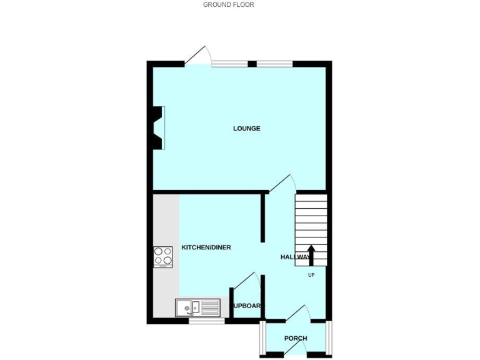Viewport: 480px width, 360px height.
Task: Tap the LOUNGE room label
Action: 246,129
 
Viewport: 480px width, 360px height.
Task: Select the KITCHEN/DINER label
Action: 206,247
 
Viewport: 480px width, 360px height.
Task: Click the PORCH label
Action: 296,339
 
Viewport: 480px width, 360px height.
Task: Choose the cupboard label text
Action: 247,306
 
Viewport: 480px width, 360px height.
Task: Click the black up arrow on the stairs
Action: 311,255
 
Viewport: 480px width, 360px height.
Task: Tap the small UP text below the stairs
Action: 311,274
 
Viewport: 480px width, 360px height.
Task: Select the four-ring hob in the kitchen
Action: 163,256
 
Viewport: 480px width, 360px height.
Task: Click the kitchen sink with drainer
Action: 197,307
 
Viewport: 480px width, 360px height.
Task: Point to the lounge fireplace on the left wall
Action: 158,127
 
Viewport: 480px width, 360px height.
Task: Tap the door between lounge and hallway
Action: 282,184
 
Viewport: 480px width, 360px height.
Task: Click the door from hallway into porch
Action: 296,314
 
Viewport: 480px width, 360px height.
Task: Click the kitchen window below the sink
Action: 206,321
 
